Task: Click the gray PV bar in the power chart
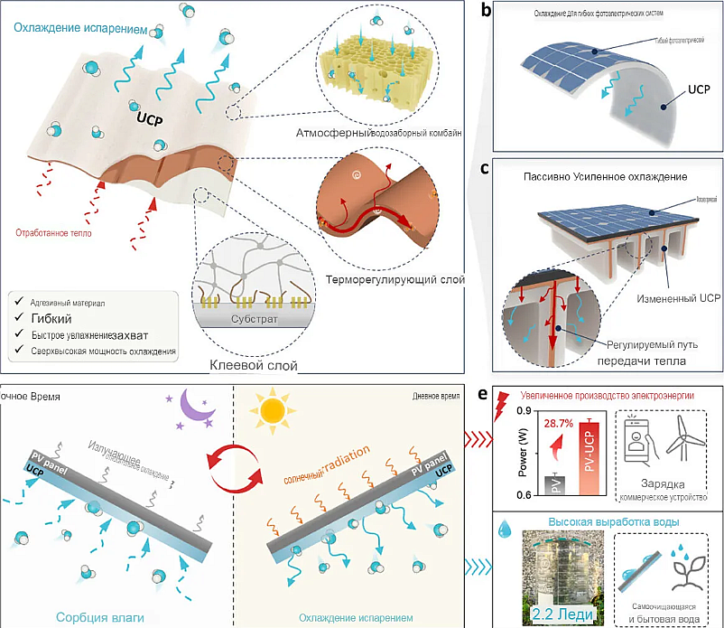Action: point(557,485)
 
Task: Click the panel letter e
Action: point(485,394)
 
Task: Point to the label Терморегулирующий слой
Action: point(389,280)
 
